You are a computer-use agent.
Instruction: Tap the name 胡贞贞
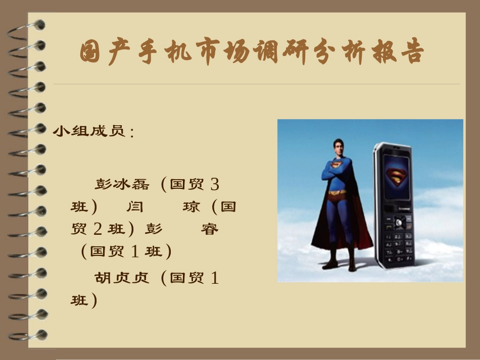pyautogui.click(x=122, y=278)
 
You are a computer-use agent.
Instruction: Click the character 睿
pyautogui.click(x=210, y=229)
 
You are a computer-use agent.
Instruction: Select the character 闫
pyautogui.click(x=134, y=207)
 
